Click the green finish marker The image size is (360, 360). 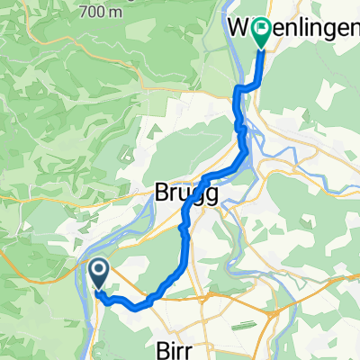[x=262, y=32]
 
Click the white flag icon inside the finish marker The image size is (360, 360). [x=262, y=28]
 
